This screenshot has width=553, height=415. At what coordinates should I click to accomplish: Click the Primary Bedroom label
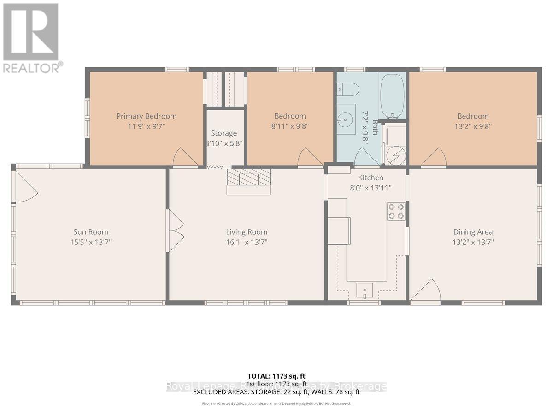146,116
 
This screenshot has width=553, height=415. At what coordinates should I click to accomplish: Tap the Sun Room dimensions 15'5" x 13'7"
91,242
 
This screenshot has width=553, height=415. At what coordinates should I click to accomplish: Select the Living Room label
247,232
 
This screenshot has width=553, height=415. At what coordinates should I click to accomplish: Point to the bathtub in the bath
392,96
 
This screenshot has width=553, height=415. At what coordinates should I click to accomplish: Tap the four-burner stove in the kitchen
396,211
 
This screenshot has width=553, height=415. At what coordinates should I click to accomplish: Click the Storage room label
224,133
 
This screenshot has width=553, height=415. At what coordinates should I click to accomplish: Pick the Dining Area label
473,232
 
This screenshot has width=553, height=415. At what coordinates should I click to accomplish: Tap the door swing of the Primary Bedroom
186,158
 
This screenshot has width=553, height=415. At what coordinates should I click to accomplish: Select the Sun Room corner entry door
26,185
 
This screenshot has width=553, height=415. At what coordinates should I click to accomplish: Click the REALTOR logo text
32,68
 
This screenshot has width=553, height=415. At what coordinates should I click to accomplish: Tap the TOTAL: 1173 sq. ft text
276,376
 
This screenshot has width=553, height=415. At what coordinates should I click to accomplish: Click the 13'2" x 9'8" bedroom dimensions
473,126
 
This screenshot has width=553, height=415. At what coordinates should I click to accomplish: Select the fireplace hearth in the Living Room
248,181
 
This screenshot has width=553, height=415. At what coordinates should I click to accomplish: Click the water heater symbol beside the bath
395,154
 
